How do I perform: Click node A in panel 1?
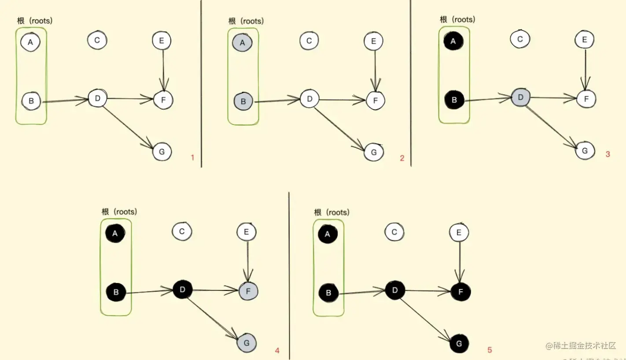(x=30, y=42)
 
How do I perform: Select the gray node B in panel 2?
(x=243, y=102)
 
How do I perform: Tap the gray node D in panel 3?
(x=521, y=97)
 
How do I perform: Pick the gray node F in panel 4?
(x=249, y=291)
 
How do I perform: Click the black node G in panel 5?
(x=459, y=344)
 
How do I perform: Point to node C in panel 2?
(x=309, y=41)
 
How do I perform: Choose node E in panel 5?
(x=459, y=233)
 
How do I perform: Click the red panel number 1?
(x=192, y=157)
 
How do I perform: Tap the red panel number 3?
(x=608, y=154)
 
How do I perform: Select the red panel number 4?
(x=277, y=350)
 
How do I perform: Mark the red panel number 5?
(x=490, y=350)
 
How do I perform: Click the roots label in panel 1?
(x=35, y=21)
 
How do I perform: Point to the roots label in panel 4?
(x=119, y=212)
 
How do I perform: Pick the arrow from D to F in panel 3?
(x=553, y=98)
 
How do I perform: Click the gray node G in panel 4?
(x=247, y=342)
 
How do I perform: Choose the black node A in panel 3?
(x=454, y=41)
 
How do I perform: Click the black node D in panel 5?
(x=394, y=290)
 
